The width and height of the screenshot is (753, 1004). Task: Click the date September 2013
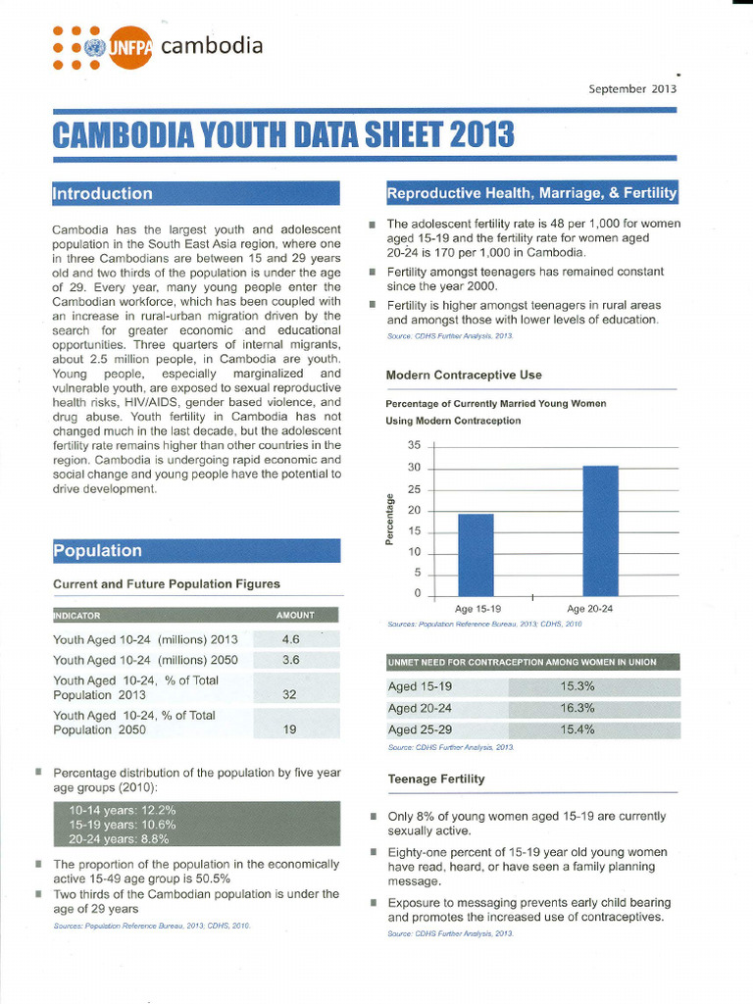[631, 88]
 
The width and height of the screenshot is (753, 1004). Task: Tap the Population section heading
[97, 550]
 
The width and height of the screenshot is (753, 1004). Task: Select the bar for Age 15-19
[476, 554]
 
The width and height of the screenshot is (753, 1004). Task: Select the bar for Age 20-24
[600, 529]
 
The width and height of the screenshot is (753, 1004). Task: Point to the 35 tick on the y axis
[413, 445]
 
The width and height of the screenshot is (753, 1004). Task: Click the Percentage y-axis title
[389, 520]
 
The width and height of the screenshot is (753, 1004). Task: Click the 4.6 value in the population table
[291, 639]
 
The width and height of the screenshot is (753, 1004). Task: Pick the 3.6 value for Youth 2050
[291, 660]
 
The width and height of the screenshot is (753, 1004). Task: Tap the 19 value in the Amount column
[291, 729]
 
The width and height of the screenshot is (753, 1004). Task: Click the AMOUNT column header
[295, 615]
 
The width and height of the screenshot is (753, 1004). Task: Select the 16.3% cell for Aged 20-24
[577, 708]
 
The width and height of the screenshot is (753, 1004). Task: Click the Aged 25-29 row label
[421, 729]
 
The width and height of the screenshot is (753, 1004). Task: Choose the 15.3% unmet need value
[577, 686]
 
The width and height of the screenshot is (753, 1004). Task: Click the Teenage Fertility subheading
[435, 778]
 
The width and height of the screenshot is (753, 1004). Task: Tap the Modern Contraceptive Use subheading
[464, 375]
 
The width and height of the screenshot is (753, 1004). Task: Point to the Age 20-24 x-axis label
[589, 608]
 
